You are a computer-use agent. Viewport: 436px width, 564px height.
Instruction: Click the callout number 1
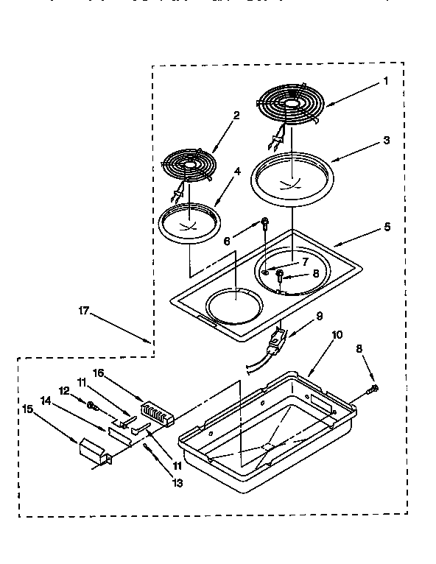385,82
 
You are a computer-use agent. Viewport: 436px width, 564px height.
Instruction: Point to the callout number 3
387,139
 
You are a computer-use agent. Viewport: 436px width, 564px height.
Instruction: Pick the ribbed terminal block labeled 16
156,412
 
